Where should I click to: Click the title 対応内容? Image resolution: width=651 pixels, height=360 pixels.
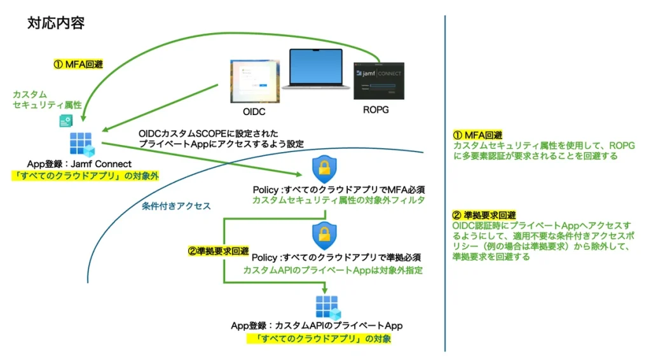[x=56, y=24]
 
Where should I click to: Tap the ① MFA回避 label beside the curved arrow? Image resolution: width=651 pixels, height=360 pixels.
[x=77, y=64]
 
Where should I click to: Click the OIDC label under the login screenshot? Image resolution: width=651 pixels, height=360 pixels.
[x=254, y=112]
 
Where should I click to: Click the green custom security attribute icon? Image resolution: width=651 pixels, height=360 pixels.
[x=65, y=120]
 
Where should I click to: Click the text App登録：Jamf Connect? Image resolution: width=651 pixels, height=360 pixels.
[x=79, y=164]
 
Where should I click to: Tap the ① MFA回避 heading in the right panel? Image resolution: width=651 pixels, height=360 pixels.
[x=477, y=135]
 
